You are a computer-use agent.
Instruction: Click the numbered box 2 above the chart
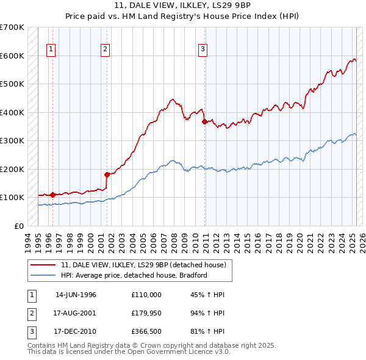point(105,50)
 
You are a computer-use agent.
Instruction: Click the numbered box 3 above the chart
point(203,50)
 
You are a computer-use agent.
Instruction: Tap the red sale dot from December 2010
point(204,121)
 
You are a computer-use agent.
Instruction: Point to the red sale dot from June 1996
point(52,195)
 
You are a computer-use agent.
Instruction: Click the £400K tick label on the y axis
point(12,112)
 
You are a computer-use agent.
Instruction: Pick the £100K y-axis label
point(12,197)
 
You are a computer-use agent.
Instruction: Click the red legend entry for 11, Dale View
point(143,265)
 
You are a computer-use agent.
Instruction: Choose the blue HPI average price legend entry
point(134,275)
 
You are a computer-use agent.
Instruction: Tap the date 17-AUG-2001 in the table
point(76,314)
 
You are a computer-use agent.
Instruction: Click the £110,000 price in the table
point(146,295)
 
